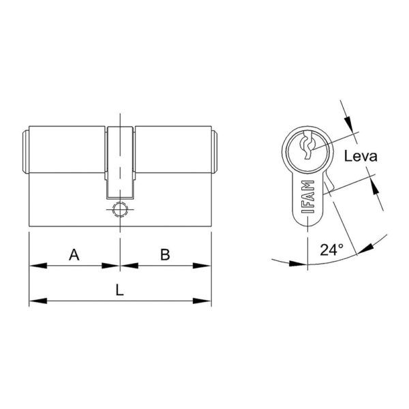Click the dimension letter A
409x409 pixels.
pos(74,254)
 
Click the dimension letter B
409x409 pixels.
pos(165,254)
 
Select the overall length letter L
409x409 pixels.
pos(119,290)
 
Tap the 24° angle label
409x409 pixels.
pos(331,249)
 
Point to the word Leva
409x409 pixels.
pos(361,156)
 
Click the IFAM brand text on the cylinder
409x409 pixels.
pos(308,197)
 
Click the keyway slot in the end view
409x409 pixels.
pos(307,146)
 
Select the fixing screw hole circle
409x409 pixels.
pos(120,209)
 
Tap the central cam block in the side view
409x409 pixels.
pos(120,162)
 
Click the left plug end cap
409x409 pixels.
pos(26,152)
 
